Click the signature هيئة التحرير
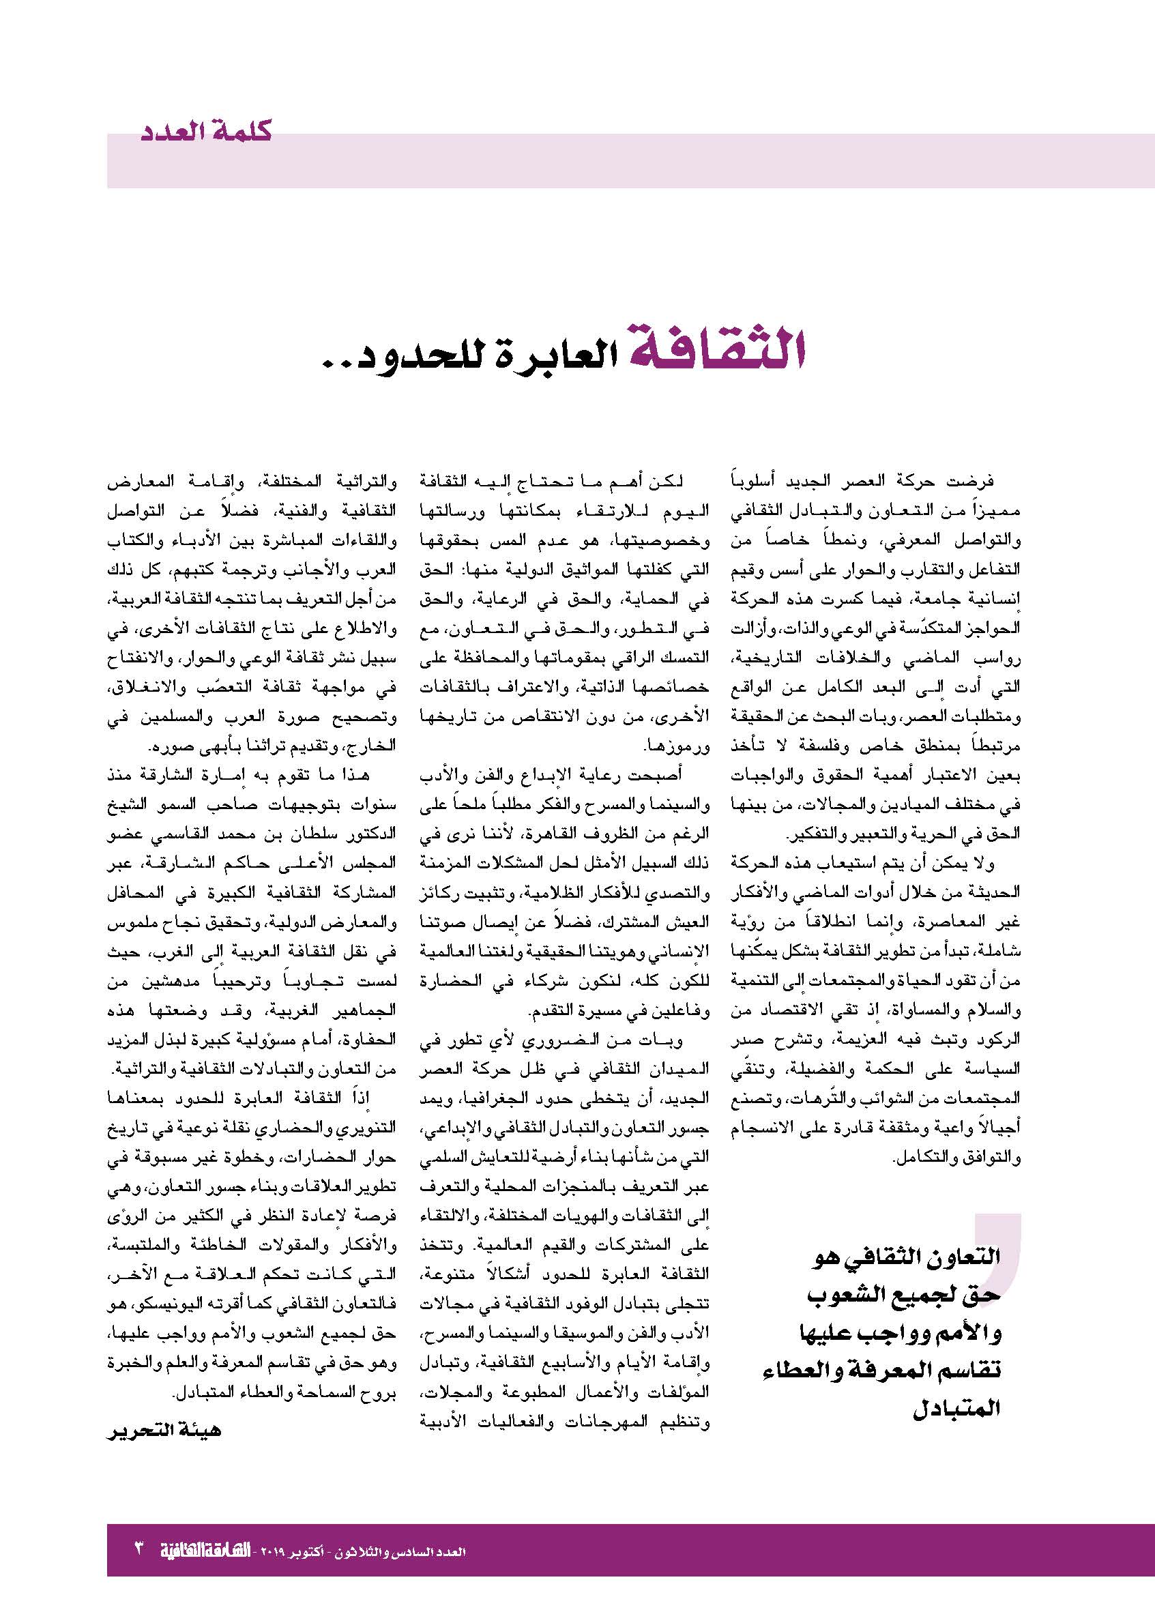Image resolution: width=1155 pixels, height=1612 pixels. coord(164,1430)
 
